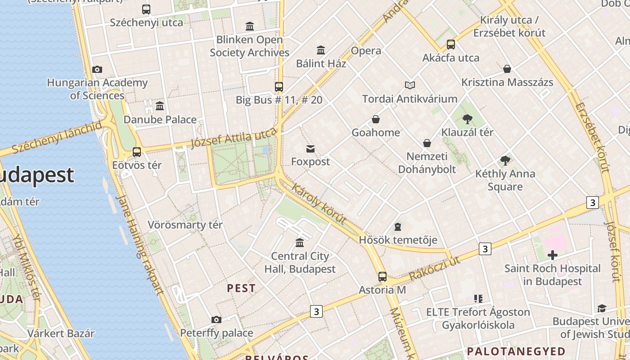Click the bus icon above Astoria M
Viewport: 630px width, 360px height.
pos(382,276)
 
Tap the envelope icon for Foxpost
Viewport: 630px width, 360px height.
pos(310,149)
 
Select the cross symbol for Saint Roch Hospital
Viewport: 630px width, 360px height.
pos(552,255)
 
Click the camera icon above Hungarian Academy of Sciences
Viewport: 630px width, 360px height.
pos(97,69)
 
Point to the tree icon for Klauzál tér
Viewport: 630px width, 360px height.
pos(467,119)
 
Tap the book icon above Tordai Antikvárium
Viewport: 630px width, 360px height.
pos(409,85)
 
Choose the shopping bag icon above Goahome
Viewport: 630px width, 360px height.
pos(375,119)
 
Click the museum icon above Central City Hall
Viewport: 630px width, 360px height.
pos(300,243)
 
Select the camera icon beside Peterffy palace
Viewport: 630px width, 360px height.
pos(216,319)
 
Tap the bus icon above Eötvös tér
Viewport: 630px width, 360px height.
pos(137,152)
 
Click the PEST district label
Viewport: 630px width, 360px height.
pos(241,288)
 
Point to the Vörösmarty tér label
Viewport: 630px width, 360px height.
pos(185,225)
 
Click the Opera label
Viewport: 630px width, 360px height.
pos(366,51)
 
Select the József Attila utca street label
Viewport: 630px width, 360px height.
pos(234,138)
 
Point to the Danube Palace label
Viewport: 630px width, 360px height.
pos(160,120)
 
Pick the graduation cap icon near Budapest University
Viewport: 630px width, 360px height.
pos(602,308)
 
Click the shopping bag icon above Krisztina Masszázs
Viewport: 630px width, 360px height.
pos(507,69)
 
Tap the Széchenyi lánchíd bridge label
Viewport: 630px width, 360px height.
pos(57,137)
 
